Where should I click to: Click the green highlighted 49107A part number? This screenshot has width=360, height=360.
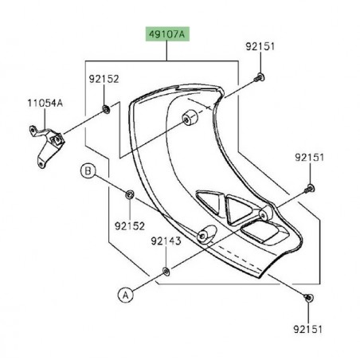pos(166,34)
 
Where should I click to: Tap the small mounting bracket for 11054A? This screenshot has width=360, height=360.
pos(47,143)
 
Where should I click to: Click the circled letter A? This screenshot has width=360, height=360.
pos(125,295)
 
